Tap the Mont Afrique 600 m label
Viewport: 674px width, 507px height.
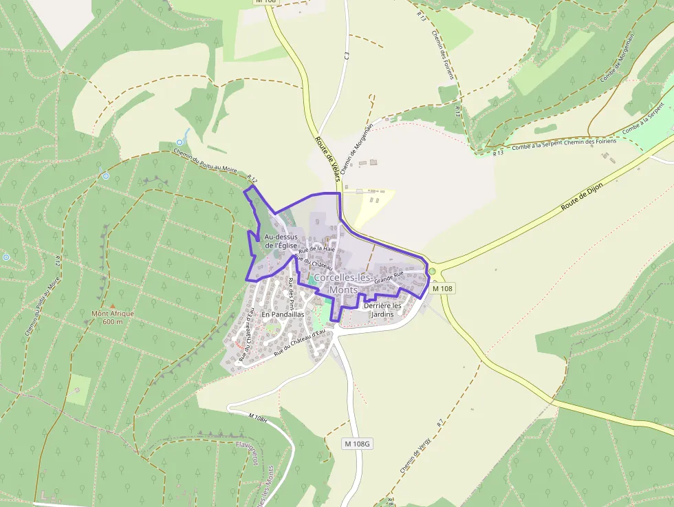112,317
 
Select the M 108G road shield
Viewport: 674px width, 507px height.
357,444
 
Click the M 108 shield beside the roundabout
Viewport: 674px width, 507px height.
444,289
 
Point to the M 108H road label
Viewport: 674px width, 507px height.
256,418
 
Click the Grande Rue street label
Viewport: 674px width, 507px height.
389,277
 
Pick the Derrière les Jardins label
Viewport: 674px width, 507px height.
382,310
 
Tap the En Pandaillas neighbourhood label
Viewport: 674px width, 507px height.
283,314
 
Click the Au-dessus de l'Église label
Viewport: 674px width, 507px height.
280,241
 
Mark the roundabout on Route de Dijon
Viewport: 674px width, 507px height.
432,271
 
